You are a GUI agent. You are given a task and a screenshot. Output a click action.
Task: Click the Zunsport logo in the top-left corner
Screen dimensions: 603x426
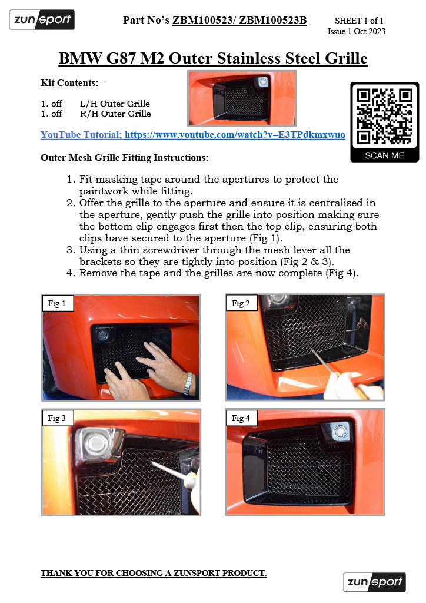pyautogui.click(x=42, y=20)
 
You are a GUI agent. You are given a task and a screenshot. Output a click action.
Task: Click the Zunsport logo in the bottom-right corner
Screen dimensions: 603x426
pyautogui.click(x=375, y=582)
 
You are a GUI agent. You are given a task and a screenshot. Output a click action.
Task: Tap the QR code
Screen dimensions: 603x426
pyautogui.click(x=384, y=116)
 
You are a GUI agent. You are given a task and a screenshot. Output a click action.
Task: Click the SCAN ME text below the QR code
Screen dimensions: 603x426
pyautogui.click(x=384, y=155)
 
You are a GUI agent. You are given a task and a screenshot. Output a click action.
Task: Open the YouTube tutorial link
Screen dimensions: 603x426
pyautogui.click(x=192, y=135)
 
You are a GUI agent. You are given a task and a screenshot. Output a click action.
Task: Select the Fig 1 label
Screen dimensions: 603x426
pyautogui.click(x=57, y=304)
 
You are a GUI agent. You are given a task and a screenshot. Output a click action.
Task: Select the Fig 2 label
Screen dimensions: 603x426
pyautogui.click(x=241, y=304)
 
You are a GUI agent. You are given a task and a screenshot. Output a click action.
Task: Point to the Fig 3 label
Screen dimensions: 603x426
pyautogui.click(x=57, y=418)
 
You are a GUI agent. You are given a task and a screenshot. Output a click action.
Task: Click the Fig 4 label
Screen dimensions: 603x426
pyautogui.click(x=241, y=418)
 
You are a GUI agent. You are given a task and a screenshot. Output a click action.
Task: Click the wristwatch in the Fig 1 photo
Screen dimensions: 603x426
pyautogui.click(x=188, y=383)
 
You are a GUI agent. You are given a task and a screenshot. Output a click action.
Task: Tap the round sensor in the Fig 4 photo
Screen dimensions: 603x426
pyautogui.click(x=340, y=432)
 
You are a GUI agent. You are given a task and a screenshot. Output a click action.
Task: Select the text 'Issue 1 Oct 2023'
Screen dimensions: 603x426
pyautogui.click(x=357, y=31)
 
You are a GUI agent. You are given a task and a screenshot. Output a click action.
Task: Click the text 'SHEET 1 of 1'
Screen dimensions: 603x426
pyautogui.click(x=359, y=21)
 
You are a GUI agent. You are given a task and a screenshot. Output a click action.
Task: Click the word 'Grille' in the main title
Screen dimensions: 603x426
pyautogui.click(x=340, y=58)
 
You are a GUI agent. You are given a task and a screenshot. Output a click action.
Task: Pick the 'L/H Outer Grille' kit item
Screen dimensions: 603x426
pyautogui.click(x=115, y=104)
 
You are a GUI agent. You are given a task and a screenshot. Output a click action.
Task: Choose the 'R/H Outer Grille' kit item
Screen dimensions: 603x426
pyautogui.click(x=115, y=114)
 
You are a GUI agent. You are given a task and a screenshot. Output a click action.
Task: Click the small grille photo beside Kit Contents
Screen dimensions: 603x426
pyautogui.click(x=241, y=98)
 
